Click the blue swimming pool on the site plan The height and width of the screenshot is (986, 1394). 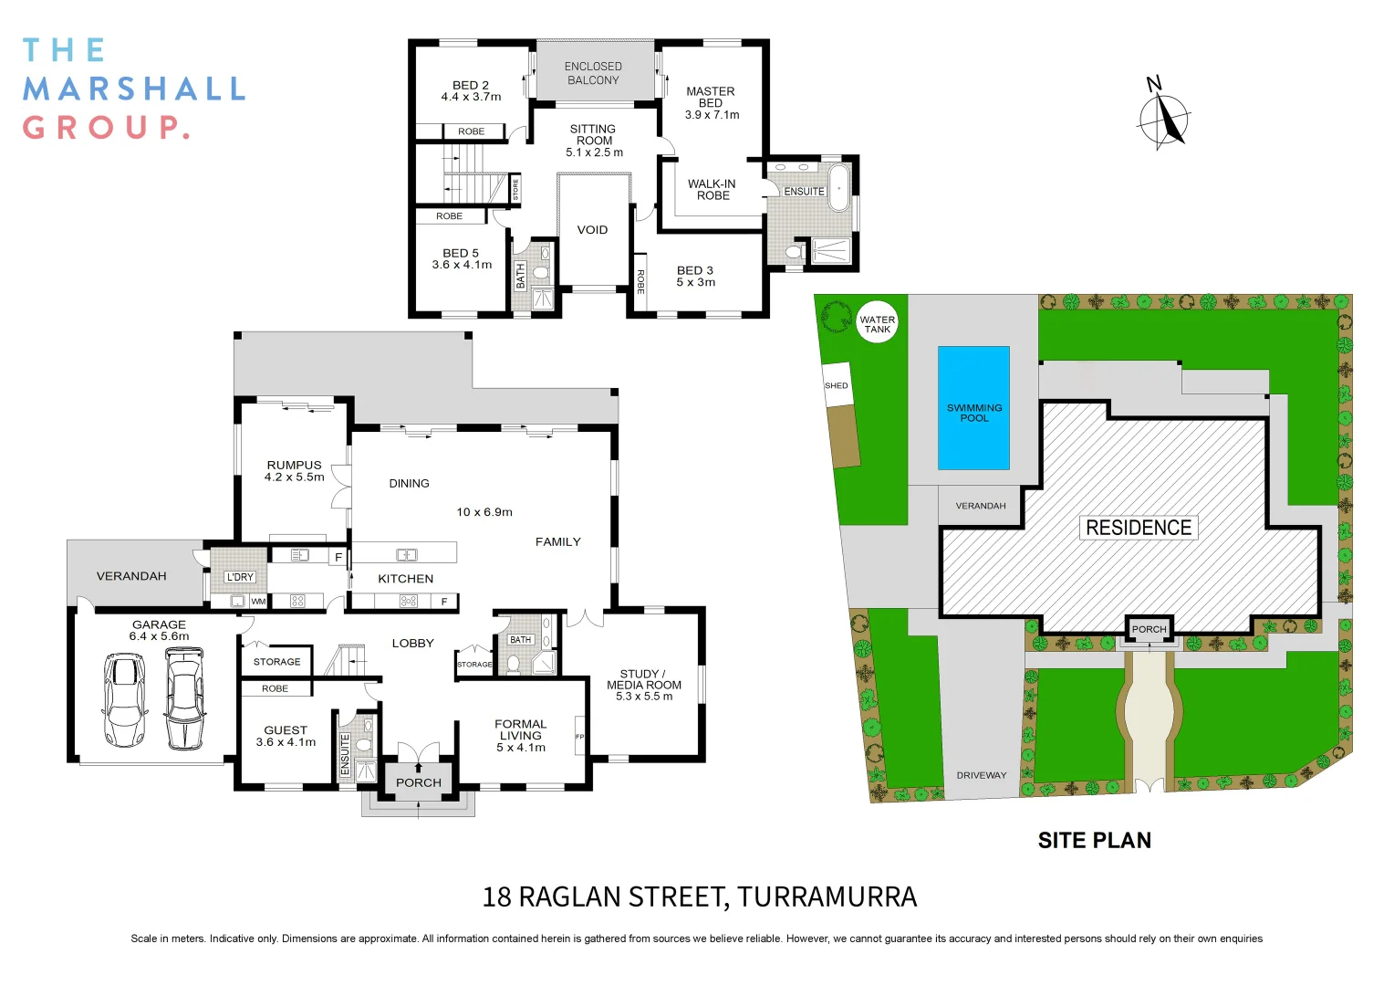click(973, 407)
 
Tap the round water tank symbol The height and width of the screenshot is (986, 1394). click(877, 321)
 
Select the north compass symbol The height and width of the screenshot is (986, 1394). click(1163, 118)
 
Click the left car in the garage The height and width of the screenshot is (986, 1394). click(124, 699)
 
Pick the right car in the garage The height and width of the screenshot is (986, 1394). click(185, 698)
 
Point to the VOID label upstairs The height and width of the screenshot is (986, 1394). click(592, 230)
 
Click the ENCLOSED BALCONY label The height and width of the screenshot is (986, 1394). click(593, 73)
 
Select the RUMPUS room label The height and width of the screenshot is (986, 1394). click(294, 466)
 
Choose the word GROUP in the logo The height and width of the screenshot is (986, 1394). click(105, 127)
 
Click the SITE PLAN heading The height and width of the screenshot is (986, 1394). click(1094, 840)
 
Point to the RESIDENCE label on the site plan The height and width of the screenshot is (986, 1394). click(1138, 528)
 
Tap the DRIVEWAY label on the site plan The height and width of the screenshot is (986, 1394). click(981, 775)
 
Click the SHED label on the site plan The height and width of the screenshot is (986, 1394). click(836, 385)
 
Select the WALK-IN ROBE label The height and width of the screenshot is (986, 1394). click(712, 190)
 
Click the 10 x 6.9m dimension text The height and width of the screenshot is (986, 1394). click(484, 512)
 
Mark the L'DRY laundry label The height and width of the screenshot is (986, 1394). click(240, 577)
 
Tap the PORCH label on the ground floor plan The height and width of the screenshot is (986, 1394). click(419, 782)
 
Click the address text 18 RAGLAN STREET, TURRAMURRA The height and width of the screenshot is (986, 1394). click(699, 897)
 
